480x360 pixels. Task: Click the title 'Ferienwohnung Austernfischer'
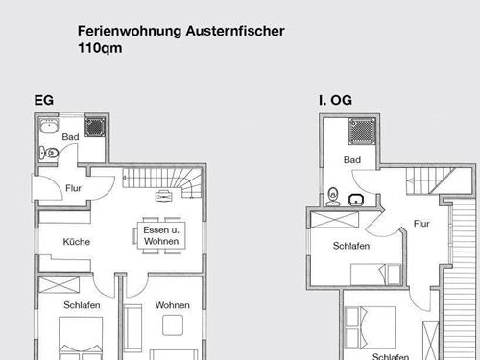180,30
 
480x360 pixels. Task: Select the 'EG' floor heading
42,100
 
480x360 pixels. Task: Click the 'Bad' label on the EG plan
70,137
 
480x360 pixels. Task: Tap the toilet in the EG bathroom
49,152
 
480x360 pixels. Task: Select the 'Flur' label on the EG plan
74,188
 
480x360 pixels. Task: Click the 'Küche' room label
77,242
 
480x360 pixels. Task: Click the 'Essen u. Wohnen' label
161,235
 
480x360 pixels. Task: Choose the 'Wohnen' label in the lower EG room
173,305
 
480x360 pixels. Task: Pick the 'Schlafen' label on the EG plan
83,305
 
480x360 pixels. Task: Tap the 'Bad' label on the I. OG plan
352,159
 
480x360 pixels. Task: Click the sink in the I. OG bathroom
356,199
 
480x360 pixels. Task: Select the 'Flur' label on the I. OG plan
421,224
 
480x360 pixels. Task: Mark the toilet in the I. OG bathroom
332,194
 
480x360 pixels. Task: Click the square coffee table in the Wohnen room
174,327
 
